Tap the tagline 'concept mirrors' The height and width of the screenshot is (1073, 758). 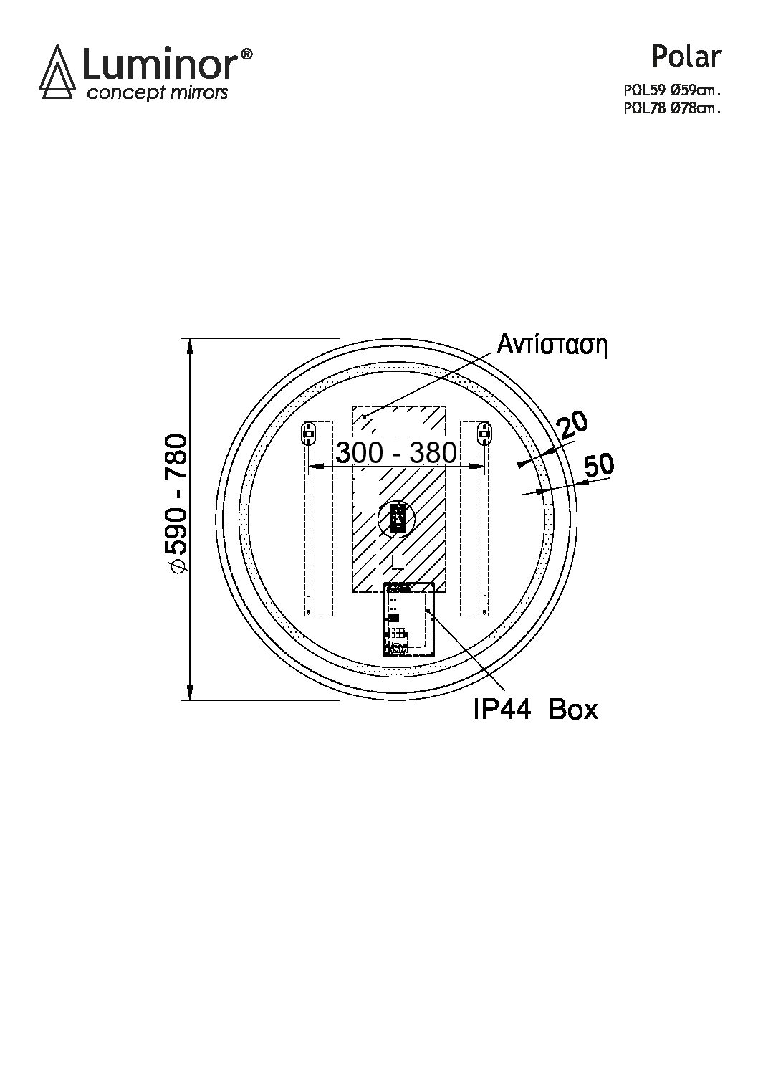[x=157, y=92]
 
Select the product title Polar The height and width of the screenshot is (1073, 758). [x=686, y=57]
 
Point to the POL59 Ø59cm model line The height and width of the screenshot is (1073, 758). [x=672, y=90]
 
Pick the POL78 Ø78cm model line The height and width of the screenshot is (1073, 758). [x=672, y=109]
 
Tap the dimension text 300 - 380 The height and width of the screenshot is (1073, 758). [x=395, y=453]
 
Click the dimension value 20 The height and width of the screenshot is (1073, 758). [x=572, y=425]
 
